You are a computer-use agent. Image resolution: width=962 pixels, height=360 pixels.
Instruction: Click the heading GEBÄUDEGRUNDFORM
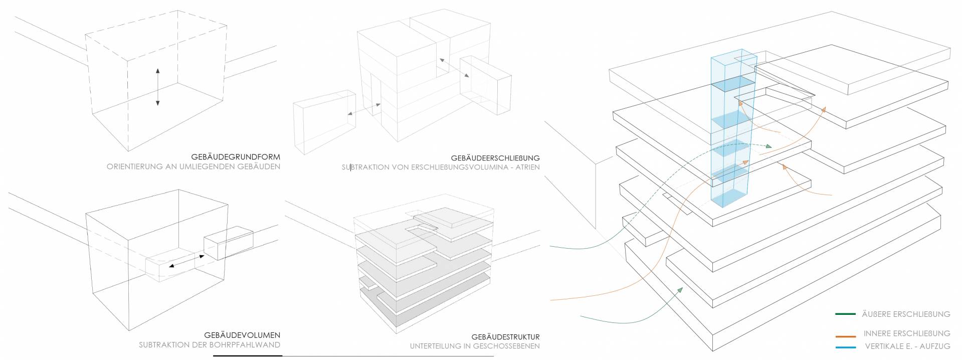pos(235,157)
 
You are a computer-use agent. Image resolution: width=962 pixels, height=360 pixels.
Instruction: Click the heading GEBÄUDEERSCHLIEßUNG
pos(495,158)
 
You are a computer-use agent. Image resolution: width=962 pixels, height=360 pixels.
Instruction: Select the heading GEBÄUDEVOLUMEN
pos(242,335)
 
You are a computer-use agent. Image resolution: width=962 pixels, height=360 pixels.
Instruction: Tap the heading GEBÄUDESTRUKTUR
pos(505,337)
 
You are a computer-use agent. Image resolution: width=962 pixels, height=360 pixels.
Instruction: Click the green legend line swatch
pos(845,314)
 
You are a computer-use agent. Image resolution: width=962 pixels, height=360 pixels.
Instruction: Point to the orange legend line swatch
pos(845,336)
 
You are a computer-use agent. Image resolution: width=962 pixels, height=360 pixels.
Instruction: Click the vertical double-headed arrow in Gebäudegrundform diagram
pos(157,86)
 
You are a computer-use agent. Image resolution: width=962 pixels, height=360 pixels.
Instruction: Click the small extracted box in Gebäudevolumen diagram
pos(228,243)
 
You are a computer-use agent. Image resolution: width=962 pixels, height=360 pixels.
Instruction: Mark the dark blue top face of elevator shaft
pos(733,84)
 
